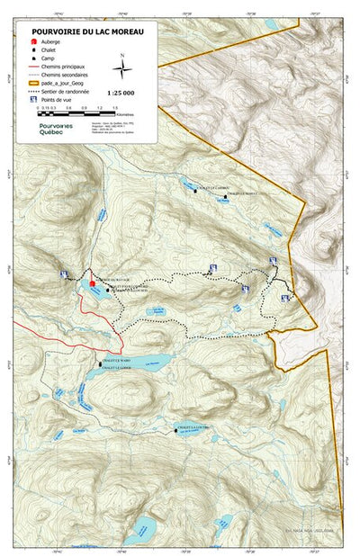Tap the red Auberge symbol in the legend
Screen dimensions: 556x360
pyautogui.click(x=34, y=41)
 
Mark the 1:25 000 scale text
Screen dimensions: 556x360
pyautogui.click(x=121, y=92)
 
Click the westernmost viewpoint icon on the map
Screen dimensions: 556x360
pyautogui.click(x=62, y=274)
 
